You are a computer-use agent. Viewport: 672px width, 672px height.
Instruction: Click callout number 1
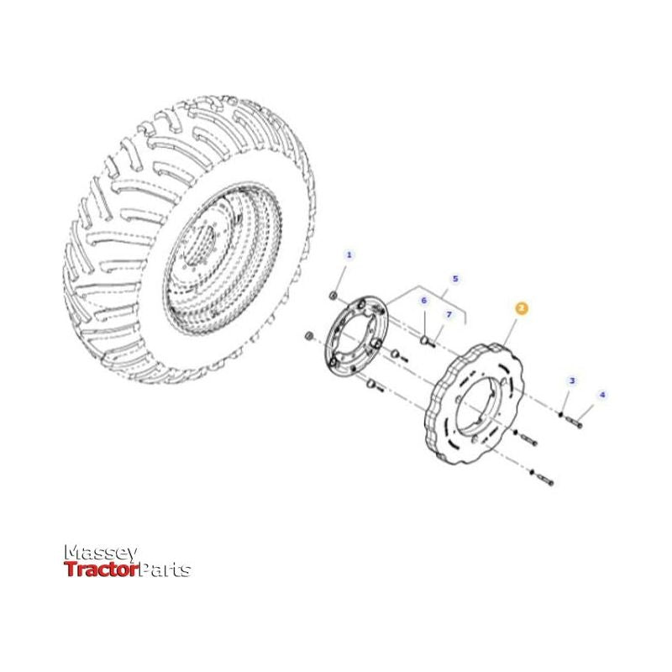tap(349, 255)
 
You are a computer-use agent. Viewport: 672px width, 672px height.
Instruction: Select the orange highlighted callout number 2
tap(522, 309)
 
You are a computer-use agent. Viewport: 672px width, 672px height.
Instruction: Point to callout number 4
tap(601, 394)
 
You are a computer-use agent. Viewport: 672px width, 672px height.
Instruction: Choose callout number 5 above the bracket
tap(455, 278)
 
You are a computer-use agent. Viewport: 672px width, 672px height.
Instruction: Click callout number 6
tap(424, 300)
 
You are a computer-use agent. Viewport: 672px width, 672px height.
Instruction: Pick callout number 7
tap(449, 314)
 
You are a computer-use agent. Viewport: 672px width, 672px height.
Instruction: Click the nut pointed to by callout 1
tap(334, 296)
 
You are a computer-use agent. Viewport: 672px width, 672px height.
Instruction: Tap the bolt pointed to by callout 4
tap(575, 423)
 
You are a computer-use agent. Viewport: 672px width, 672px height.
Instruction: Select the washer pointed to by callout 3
tap(560, 413)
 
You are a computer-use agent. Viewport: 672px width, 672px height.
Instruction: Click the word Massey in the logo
tap(101, 552)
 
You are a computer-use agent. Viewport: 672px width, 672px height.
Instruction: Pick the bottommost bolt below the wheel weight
tap(545, 481)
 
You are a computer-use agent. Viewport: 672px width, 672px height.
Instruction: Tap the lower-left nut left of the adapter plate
tap(310, 337)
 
